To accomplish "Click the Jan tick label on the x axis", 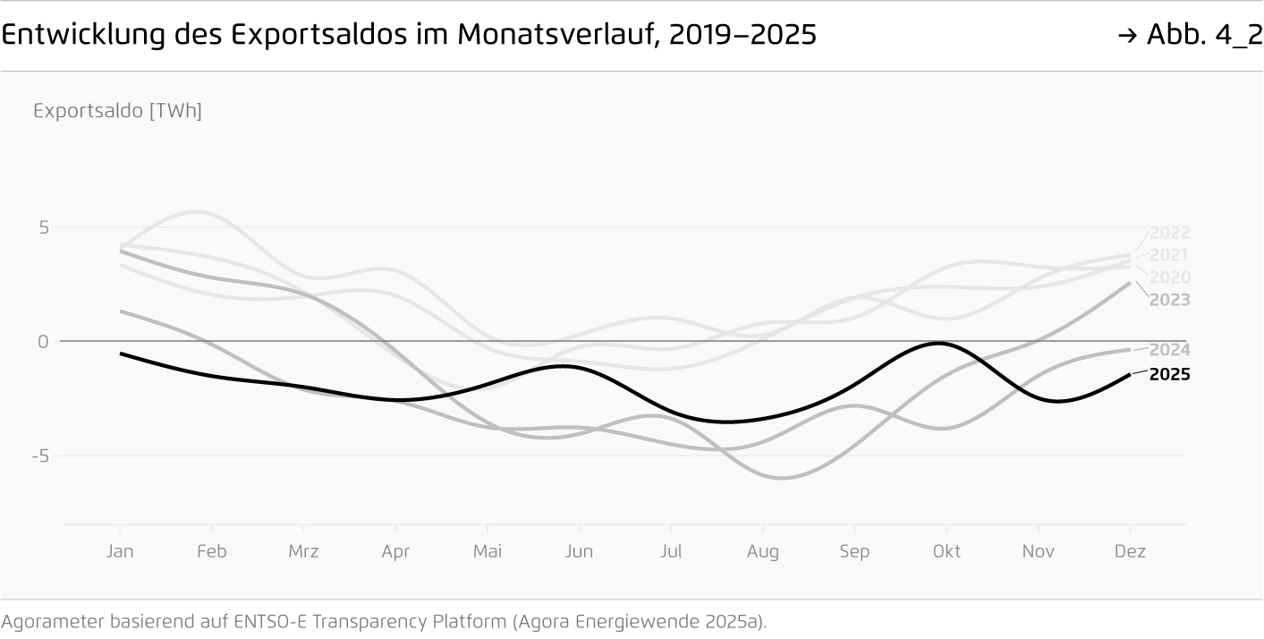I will click(x=120, y=551).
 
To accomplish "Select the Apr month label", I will click(x=395, y=551).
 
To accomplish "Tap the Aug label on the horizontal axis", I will click(x=762, y=551).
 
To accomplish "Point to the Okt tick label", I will click(x=946, y=551).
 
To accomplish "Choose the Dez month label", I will click(x=1130, y=551).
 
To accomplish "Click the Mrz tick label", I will click(x=303, y=551).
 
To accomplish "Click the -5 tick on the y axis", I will click(x=39, y=456).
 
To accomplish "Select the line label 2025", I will click(x=1169, y=375).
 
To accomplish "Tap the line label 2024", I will click(x=1169, y=350).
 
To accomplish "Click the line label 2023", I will click(x=1169, y=300).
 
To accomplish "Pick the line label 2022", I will click(x=1169, y=234).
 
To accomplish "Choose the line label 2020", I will click(x=1169, y=277).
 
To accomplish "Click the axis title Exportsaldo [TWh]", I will click(x=117, y=112).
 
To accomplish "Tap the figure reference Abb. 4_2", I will click(x=1202, y=35).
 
